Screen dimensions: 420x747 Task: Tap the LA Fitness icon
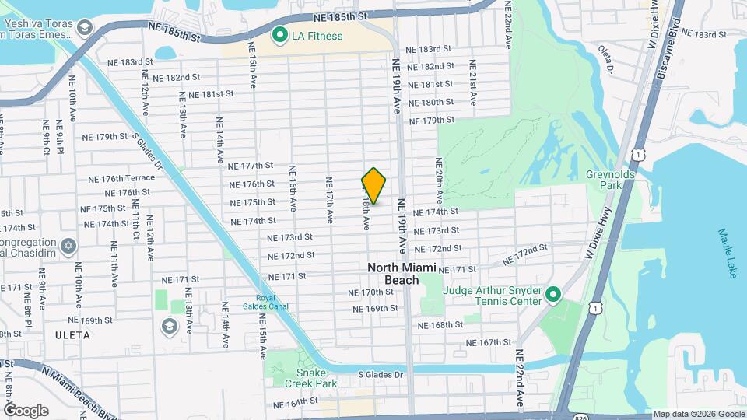pos(279,35)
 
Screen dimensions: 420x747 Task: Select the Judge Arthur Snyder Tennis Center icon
pos(553,295)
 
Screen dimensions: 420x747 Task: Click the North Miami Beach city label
pos(404,273)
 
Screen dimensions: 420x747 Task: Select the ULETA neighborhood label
pos(74,335)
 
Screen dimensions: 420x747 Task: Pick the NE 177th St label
pos(251,166)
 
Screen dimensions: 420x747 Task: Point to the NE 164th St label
pos(296,404)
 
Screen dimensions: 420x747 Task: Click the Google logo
pos(26,410)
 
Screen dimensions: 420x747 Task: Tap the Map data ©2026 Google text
pos(699,414)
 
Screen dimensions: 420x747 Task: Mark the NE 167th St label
pos(489,342)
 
